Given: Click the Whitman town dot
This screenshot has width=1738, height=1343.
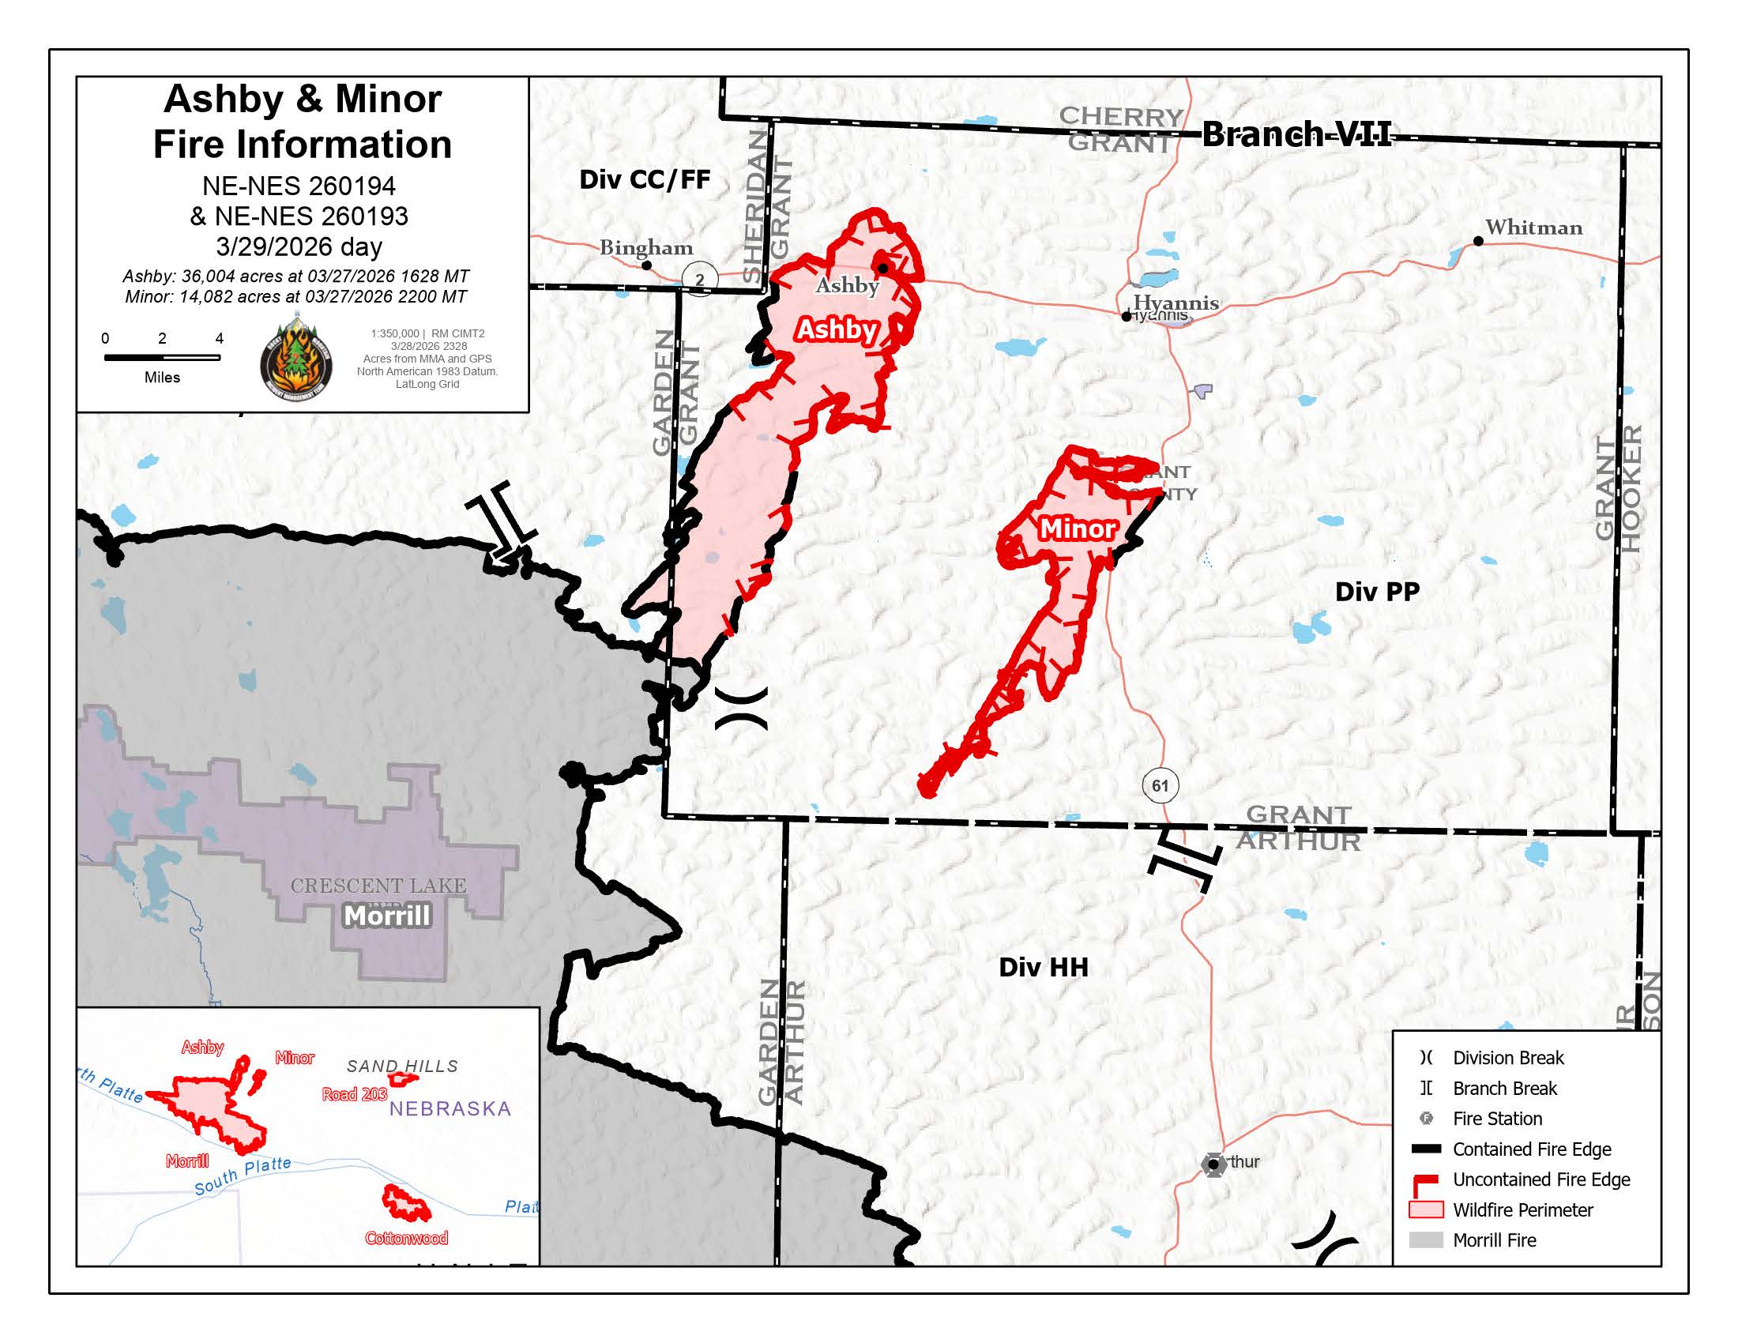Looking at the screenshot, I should (1478, 241).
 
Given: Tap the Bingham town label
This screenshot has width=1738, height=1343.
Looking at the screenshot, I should (645, 247).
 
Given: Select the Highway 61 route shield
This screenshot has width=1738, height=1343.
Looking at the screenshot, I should (1160, 786).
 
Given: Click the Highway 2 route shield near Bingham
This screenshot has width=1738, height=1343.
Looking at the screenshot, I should (699, 279).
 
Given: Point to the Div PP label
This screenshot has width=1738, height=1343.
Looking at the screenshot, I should (1377, 592).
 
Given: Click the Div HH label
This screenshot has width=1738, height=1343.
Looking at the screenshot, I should (1043, 968).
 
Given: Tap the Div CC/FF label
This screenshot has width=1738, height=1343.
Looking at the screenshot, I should (644, 180).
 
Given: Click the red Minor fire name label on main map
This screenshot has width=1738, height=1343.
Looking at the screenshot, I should (1078, 529).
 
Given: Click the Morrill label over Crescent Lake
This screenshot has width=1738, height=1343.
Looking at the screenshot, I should (387, 916).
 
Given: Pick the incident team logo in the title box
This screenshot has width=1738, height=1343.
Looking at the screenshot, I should (296, 360).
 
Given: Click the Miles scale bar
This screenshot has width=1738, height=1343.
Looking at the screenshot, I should (161, 358).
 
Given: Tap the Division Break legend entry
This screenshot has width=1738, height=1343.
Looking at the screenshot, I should (1507, 1057).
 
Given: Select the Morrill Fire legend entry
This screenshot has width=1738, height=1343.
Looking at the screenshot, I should (1494, 1240).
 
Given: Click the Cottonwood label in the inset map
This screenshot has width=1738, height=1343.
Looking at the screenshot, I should (406, 1238).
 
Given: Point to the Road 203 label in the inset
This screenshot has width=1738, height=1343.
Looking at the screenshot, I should (354, 1094).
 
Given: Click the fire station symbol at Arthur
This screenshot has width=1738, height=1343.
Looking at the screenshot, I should (1212, 1164).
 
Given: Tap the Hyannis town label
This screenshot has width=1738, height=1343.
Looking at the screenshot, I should (1176, 303).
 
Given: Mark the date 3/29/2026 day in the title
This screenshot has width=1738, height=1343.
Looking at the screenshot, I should (299, 246).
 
